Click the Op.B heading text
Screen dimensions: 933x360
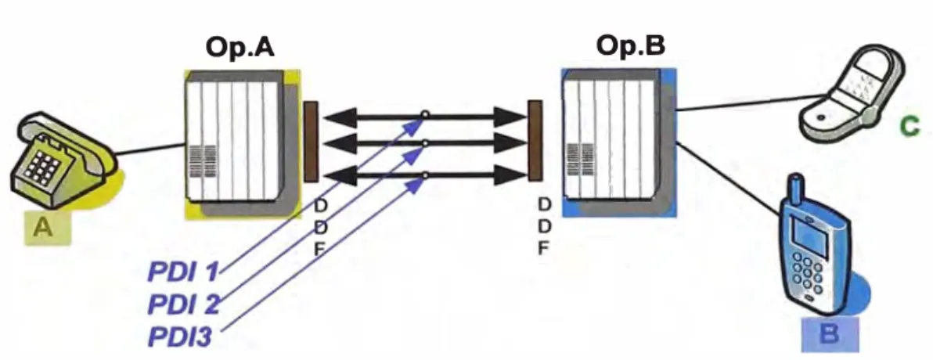coord(631,46)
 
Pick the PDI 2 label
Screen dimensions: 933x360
coord(183,304)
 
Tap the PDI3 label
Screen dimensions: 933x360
coord(179,337)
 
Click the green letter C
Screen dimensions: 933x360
coord(910,127)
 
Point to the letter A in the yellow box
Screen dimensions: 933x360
coord(43,227)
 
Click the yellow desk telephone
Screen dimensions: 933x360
coord(63,158)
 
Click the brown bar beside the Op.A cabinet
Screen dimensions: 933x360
coord(311,142)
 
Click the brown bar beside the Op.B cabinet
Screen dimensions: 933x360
coord(535,140)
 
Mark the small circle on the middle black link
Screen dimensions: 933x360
coord(424,143)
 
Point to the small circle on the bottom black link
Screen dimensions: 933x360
coord(424,175)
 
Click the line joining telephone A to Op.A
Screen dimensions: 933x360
coord(151,149)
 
